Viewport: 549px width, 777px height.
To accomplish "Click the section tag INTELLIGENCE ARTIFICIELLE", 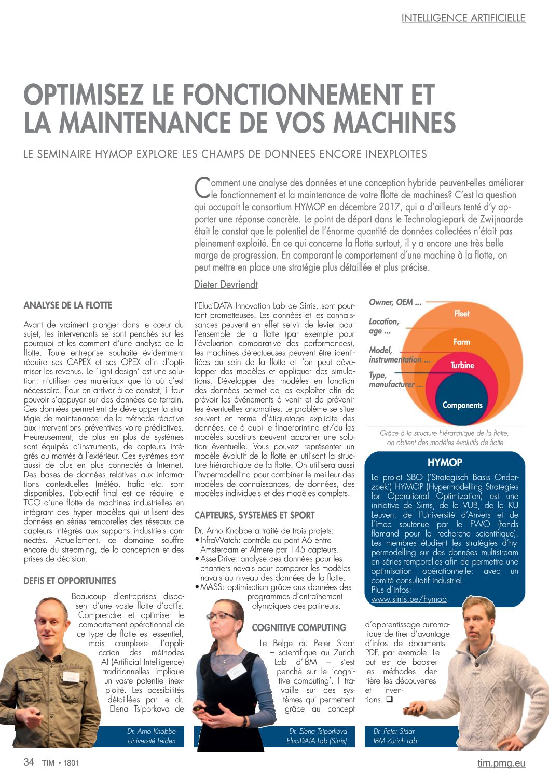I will click(463, 18).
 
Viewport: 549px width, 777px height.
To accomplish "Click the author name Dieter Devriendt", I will click(226, 284).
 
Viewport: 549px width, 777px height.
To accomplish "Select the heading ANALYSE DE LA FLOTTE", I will click(68, 305).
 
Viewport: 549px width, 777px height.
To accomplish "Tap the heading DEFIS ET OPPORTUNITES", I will click(70, 581).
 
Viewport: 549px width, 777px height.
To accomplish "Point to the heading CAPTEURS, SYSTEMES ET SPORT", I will click(254, 515).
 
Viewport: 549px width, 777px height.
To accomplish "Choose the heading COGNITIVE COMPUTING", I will click(299, 627).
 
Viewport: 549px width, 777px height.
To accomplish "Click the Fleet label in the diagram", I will click(462, 313).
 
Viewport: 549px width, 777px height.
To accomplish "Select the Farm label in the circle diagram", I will click(462, 342).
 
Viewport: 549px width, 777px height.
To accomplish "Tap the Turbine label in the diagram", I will click(462, 365).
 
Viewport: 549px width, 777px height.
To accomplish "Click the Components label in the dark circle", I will click(462, 405).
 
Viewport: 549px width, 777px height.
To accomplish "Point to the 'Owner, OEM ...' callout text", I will click(395, 302).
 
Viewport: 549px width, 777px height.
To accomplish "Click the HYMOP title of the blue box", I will click(445, 462).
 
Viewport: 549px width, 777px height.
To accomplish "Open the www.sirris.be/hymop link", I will click(409, 599).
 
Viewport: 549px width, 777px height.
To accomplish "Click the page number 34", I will click(29, 762).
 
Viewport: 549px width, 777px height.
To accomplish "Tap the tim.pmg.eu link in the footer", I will click(501, 763).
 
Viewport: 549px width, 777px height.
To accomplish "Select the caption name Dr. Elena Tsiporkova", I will click(318, 731).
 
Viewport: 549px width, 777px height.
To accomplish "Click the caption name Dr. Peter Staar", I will click(394, 731).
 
